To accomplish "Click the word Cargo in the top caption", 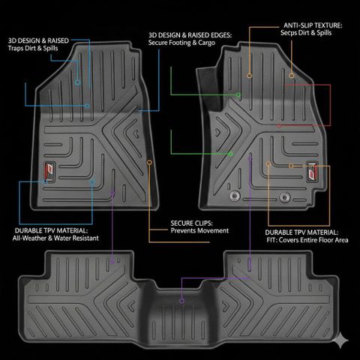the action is [x=206, y=43].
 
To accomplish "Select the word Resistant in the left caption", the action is [x=85, y=238].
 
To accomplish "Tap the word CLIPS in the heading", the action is [x=202, y=223].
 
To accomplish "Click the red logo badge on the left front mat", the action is [x=49, y=172].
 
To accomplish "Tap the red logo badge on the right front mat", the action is [x=313, y=172].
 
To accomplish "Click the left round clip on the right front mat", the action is [x=235, y=196].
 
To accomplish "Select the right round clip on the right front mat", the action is [x=285, y=197].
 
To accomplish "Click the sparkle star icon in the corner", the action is [x=340, y=340].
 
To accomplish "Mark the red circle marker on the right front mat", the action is [x=279, y=126].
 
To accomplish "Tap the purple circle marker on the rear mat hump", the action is [x=182, y=301].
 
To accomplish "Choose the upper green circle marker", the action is [x=238, y=94].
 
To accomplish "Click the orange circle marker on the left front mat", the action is [x=149, y=163].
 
